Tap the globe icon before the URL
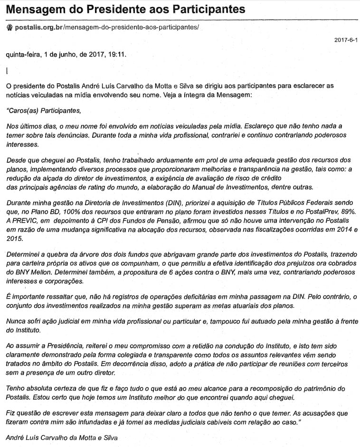coord(9,27)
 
